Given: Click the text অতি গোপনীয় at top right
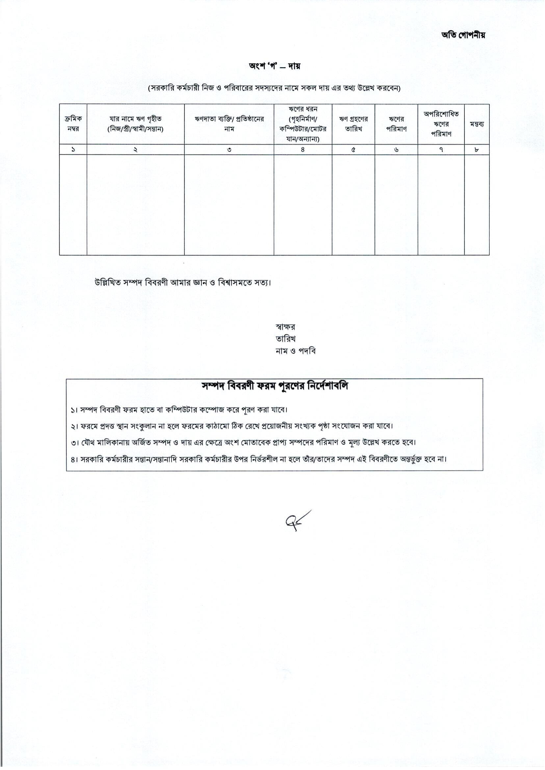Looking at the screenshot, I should pos(463,35).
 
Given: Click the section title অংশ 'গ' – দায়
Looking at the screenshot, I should pos(274,66).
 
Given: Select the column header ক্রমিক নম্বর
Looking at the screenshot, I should pos(73,124).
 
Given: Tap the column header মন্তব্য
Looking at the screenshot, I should pos(477,124).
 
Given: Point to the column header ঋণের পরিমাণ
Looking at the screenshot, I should pos(396,124).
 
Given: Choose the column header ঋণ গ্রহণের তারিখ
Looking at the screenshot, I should pos(353,124).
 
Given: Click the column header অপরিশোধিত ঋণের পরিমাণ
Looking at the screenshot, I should pos(441,124).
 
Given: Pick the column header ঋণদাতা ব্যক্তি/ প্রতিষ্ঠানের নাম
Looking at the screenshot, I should pos(229,124).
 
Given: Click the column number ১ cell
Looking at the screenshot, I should pos(73,150).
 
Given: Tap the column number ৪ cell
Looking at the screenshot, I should pos(303,150).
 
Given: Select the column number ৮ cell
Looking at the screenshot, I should pos(477,150).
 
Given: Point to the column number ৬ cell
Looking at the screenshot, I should pos(396,150).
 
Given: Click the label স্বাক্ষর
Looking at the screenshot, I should pos(285,327).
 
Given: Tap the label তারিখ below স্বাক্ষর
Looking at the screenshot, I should pos(285,339).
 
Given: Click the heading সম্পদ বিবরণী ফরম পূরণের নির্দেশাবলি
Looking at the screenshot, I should pos(274,386).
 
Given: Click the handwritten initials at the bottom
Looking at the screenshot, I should pos(297,520).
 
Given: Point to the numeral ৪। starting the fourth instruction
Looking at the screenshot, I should pos(74,459).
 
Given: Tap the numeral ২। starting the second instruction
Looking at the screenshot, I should pos(74,426).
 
